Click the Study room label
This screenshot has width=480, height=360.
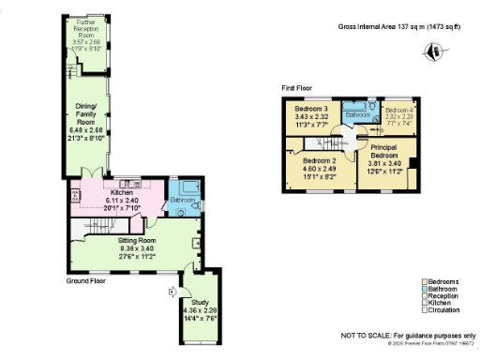[x=200, y=303]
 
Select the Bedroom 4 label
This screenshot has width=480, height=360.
[x=400, y=110]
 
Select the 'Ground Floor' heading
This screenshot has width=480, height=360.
[x=87, y=280]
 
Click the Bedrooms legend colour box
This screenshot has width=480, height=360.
[x=425, y=281]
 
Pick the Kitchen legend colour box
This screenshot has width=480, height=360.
[x=425, y=304]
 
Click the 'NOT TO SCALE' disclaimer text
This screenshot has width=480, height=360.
[x=404, y=334]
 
